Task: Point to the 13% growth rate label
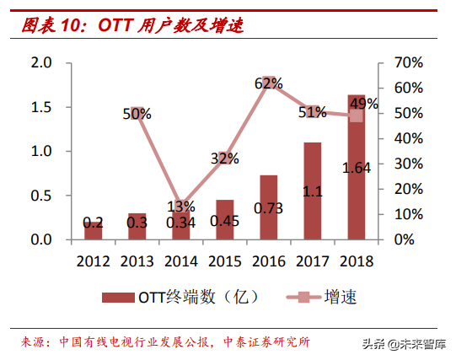pos(180,207)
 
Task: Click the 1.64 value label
pos(357,168)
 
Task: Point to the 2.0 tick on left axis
pos(40,63)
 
